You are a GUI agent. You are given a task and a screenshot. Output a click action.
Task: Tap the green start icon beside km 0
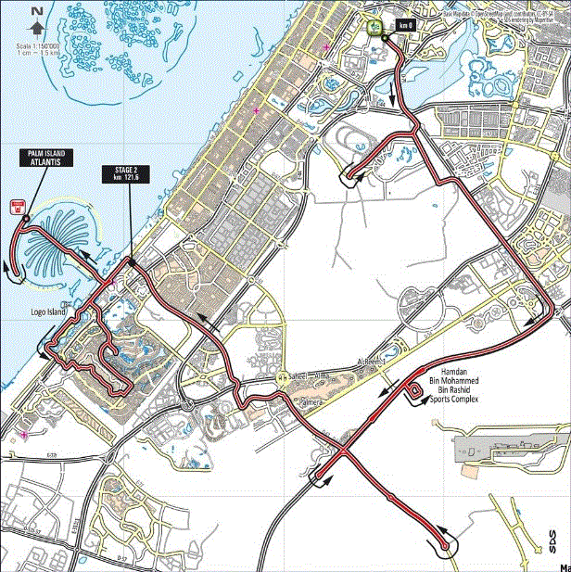[375, 26]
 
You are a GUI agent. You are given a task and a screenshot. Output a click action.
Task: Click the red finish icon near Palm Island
[16, 208]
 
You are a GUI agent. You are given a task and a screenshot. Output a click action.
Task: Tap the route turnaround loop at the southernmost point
[448, 548]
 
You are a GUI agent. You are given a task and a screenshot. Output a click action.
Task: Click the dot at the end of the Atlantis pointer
[27, 220]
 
